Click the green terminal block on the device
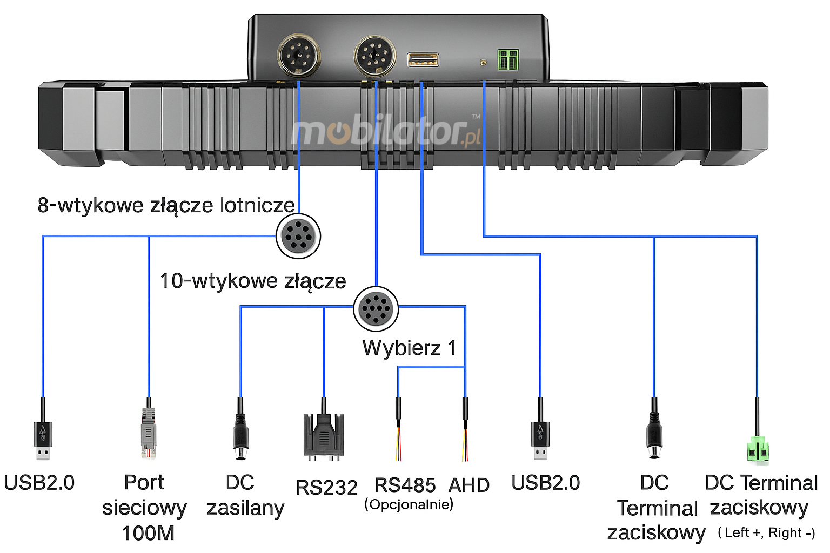point(508,60)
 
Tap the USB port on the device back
point(423,59)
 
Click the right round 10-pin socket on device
point(375,56)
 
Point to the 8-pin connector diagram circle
point(298,236)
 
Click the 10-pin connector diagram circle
point(376,308)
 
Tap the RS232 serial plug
point(323,436)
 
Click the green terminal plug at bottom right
point(758,448)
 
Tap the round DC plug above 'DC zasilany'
point(240,437)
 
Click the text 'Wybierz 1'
point(410,348)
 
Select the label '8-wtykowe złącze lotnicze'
point(166,205)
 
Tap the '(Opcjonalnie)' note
point(409,504)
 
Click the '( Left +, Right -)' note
point(766,532)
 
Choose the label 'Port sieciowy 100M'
point(145,508)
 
